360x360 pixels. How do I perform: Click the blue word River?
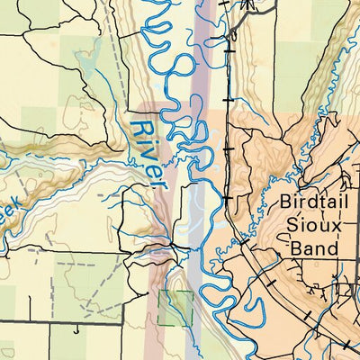[149, 149]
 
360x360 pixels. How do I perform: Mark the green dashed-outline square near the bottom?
[175, 309]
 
